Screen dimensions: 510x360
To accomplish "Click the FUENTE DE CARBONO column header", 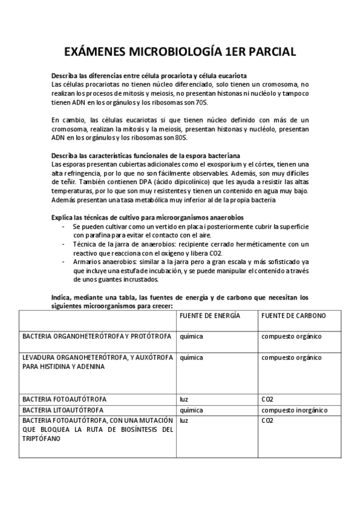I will [x=293, y=315].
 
